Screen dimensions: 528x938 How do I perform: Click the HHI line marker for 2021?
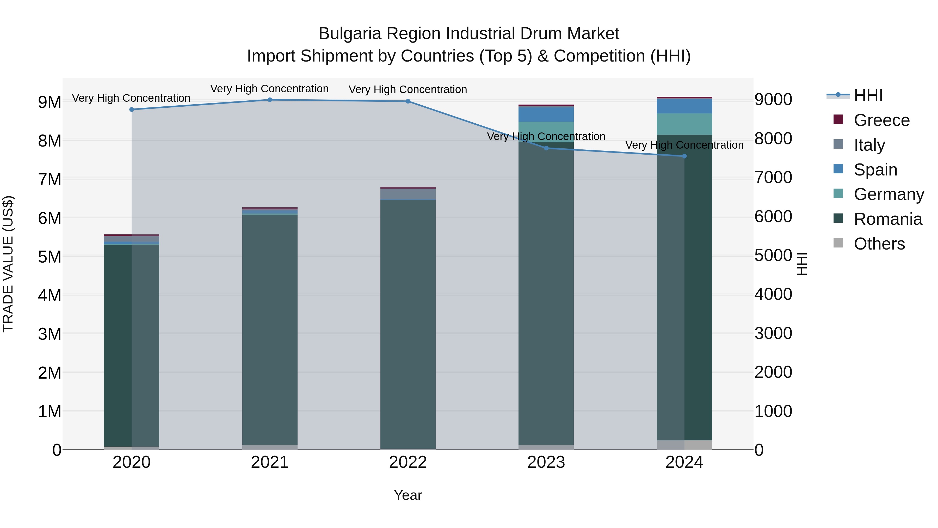270,100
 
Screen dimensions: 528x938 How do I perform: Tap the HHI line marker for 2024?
684,156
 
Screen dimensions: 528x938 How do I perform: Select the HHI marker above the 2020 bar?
132,109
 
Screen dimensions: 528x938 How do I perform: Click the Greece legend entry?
881,120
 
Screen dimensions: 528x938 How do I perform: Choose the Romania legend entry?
887,219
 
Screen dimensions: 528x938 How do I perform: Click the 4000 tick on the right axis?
773,294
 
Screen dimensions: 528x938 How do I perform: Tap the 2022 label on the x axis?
408,462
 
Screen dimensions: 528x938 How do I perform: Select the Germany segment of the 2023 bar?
546,131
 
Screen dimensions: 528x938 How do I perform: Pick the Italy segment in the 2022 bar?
408,194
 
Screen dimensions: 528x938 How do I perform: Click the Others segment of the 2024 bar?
684,445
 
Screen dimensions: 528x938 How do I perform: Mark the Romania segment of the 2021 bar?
270,328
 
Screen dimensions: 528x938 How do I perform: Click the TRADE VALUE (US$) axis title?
8,264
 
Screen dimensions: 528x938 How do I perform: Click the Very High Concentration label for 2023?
546,137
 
